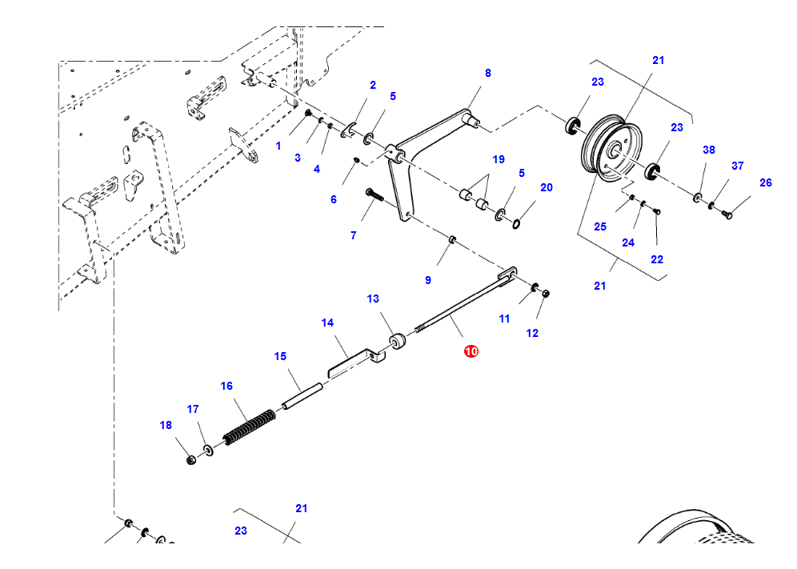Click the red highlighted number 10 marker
471,351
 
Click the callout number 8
487,73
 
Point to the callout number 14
327,323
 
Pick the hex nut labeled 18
190,460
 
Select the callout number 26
765,182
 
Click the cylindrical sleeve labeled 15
302,396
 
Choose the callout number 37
737,166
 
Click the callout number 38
708,150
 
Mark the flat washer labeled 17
208,451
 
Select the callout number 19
499,159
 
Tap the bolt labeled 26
727,214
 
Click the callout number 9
428,280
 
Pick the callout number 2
372,85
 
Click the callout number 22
657,259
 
